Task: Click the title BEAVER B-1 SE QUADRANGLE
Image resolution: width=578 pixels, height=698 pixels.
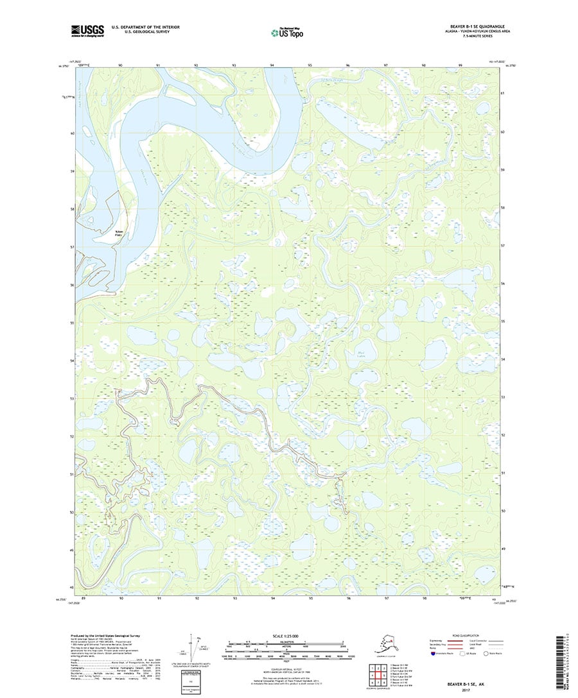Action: click(x=471, y=27)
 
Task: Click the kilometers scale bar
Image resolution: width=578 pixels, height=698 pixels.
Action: click(x=286, y=642)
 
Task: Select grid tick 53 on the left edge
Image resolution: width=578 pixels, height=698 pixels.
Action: click(x=73, y=398)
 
